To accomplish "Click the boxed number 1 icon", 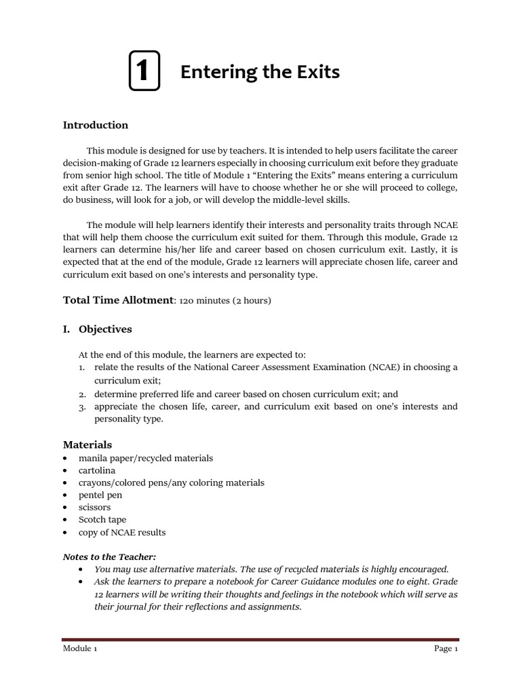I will (x=144, y=71).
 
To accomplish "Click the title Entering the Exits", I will (x=260, y=72).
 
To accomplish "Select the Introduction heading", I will (x=95, y=125).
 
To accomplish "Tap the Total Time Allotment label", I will (x=118, y=300).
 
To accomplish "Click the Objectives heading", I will (x=105, y=329).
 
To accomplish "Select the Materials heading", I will (x=88, y=445).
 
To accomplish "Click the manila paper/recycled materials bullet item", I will (x=145, y=458).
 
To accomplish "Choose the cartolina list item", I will (x=97, y=470).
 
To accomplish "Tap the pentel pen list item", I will (x=100, y=495).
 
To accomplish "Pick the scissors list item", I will (x=94, y=507).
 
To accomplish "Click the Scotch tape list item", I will (x=102, y=520).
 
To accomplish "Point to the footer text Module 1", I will (x=80, y=649).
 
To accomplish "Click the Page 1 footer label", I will (x=446, y=649).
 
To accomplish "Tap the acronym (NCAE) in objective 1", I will (x=385, y=367).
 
